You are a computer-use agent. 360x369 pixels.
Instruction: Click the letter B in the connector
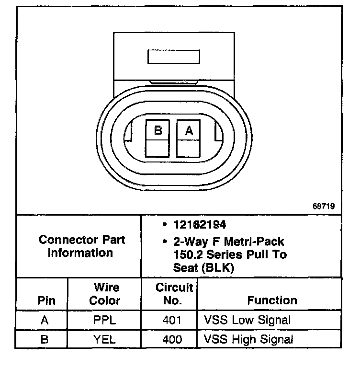pos(157,129)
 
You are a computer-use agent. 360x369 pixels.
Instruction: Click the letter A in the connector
pos(189,129)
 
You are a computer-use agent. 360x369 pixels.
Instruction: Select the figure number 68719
pos(323,207)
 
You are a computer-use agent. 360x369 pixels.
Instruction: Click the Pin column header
pos(46,300)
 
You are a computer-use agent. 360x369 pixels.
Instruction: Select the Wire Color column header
pos(105,294)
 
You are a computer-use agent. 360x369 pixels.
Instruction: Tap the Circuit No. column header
pos(174,294)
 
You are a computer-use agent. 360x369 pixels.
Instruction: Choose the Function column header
pos(272,300)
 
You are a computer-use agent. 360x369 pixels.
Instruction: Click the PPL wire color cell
pos(105,320)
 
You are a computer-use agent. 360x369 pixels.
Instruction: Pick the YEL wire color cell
pos(105,340)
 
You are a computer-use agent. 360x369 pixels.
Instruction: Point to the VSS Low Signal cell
pos(247,320)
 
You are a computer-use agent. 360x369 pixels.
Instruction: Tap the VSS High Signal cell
pos(248,340)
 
